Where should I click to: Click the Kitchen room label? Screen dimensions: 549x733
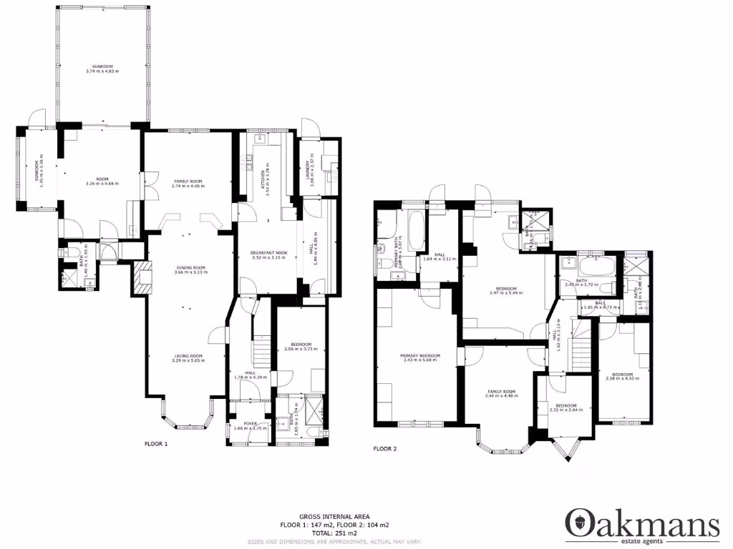pos(263,174)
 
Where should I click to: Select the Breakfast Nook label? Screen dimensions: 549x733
pos(268,254)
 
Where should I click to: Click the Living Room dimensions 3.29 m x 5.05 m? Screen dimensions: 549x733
pos(188,361)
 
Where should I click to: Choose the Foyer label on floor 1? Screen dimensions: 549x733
pos(250,424)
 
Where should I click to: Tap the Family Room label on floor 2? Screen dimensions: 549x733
pos(501,392)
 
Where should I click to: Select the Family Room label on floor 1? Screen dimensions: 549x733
pos(188,182)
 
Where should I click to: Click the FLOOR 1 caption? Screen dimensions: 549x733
pos(156,444)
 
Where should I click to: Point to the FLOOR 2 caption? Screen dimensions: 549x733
pos(384,449)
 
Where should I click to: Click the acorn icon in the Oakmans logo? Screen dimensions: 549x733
pos(578,523)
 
